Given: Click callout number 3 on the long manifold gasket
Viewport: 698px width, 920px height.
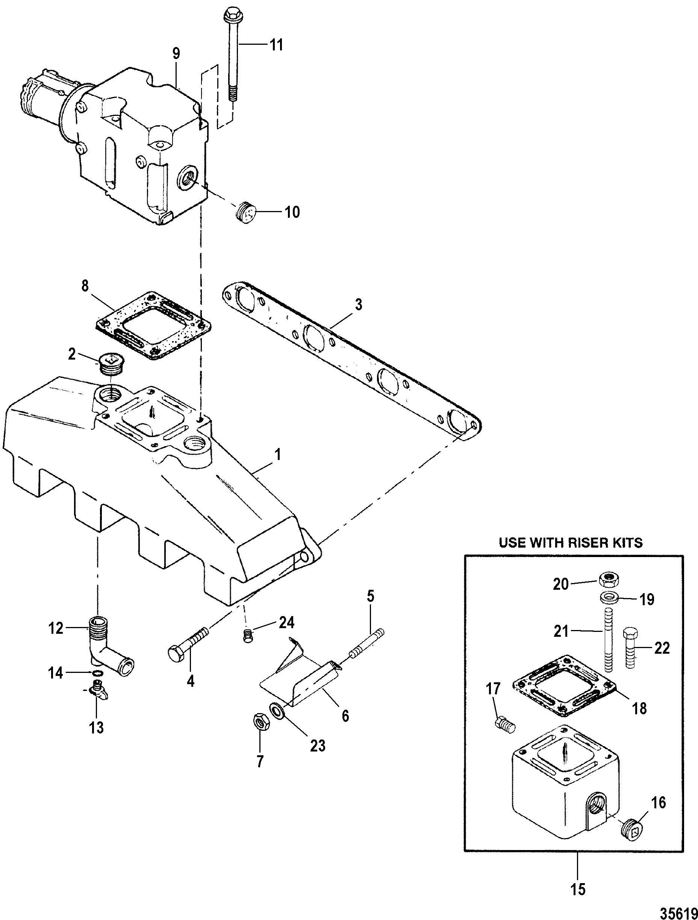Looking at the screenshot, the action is tap(358, 305).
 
